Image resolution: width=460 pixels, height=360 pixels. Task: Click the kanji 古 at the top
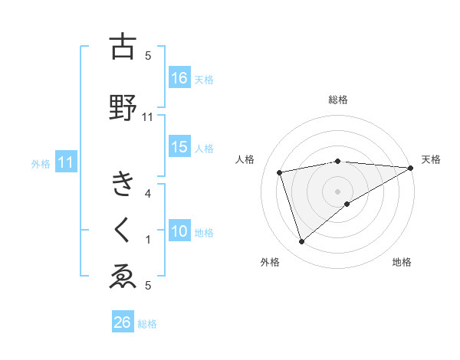point(123,47)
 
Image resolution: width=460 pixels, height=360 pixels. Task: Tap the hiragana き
point(123,185)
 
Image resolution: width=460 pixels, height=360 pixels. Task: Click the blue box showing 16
point(179,78)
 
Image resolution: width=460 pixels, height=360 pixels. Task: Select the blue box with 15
point(179,148)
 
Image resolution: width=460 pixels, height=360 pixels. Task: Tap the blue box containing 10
point(179,232)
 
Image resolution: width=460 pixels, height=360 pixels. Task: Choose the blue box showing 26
point(123,322)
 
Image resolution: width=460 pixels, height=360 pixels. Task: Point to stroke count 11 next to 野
point(148,116)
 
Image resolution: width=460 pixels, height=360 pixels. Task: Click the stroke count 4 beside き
point(148,193)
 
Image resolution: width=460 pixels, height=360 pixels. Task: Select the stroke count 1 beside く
point(148,240)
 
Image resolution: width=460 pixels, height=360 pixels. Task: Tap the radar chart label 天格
point(431,159)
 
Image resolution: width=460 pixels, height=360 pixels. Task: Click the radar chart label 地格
point(402,263)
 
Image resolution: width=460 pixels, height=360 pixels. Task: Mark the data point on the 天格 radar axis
point(411,168)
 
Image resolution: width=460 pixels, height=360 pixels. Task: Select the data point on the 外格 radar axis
point(301,242)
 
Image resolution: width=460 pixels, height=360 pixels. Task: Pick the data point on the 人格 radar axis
point(280,172)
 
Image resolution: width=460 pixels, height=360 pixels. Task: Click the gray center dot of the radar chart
point(337,191)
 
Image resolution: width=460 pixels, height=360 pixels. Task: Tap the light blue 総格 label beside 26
point(147,324)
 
